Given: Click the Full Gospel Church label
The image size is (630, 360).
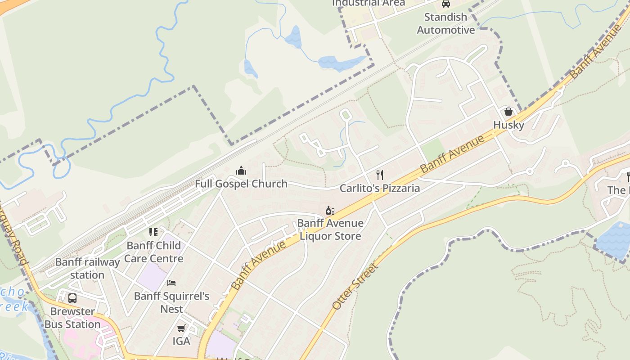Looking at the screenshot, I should (x=241, y=184).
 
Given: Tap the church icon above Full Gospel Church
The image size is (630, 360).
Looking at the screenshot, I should (x=241, y=171).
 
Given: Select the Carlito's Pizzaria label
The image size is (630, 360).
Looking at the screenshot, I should (x=379, y=188).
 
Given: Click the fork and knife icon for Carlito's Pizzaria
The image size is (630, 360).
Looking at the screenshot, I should (x=380, y=175).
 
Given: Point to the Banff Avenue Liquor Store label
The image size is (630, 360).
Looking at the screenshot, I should (x=330, y=229).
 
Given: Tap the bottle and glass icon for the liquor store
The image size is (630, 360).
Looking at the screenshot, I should (x=330, y=211).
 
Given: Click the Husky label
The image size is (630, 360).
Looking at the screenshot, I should (x=508, y=125).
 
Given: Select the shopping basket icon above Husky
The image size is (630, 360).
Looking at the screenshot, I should (x=508, y=112).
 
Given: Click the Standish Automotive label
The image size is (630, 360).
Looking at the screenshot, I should (x=445, y=23).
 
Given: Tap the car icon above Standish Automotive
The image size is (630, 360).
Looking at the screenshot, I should (x=445, y=4).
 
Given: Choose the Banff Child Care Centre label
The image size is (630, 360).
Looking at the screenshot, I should (x=153, y=252).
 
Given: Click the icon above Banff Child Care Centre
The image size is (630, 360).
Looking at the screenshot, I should (x=153, y=232).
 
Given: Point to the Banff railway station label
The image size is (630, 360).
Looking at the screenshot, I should (x=87, y=268).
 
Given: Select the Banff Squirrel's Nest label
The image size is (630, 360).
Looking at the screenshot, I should (x=171, y=302).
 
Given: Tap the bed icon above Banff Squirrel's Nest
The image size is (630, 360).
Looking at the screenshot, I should (x=171, y=283).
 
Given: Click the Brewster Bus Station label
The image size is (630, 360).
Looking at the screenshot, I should (x=72, y=318).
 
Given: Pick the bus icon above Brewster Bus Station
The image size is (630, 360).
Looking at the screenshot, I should (x=72, y=298).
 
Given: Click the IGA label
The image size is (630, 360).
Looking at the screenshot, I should (x=181, y=341).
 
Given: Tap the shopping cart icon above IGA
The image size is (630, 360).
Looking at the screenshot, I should (x=181, y=328).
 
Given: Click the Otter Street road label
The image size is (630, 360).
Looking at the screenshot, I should (x=355, y=286).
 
